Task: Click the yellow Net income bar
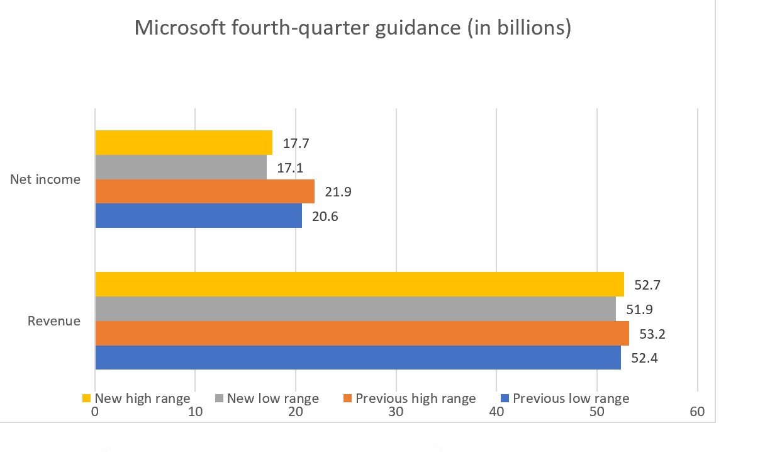coord(184,142)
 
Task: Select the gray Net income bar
coord(181,167)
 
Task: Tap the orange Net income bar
coord(204,191)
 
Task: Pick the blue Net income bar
coord(198,215)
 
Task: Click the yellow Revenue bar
coord(359,284)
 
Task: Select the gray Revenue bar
coord(355,308)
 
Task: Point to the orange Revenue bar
coord(362,333)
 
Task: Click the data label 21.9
coord(338,192)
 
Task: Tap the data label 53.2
coord(652,334)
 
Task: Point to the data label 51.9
coord(639,309)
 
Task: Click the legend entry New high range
coord(142,398)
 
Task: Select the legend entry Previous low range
coord(570,398)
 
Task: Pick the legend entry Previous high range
coord(415,398)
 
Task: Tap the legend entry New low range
coord(272,398)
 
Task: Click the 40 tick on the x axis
coord(496,412)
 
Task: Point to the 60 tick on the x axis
coord(697,412)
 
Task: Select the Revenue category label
coord(54,321)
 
